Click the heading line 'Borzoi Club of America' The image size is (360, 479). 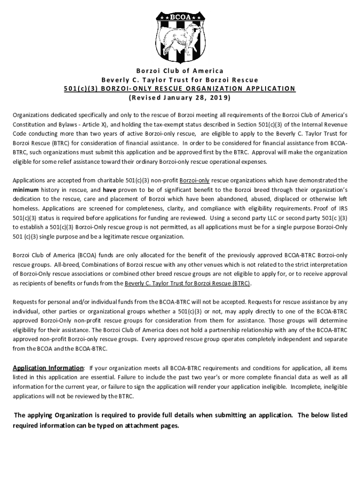tap(180, 71)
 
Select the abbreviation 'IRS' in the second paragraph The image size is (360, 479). tap(343, 209)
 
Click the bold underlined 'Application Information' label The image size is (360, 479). tap(48, 368)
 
